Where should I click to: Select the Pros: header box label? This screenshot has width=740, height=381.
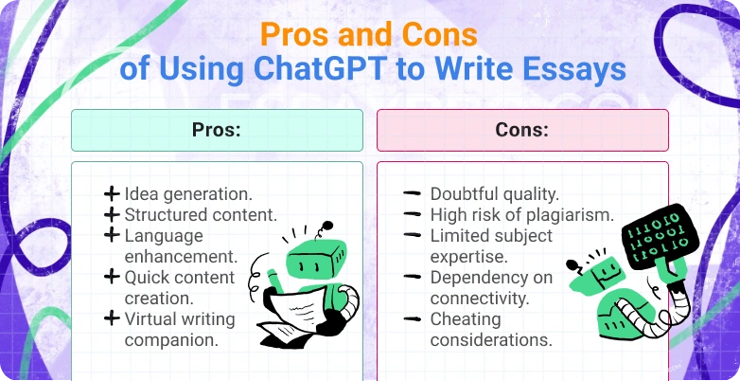click(217, 131)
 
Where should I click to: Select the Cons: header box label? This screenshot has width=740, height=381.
click(522, 131)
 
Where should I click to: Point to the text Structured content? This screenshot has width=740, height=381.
click(201, 214)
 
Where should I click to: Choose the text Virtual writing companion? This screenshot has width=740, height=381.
click(180, 329)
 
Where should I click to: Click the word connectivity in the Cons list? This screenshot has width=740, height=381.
click(478, 298)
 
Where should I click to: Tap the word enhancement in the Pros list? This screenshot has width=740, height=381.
click(181, 256)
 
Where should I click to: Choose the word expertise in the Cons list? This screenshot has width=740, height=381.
click(470, 256)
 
